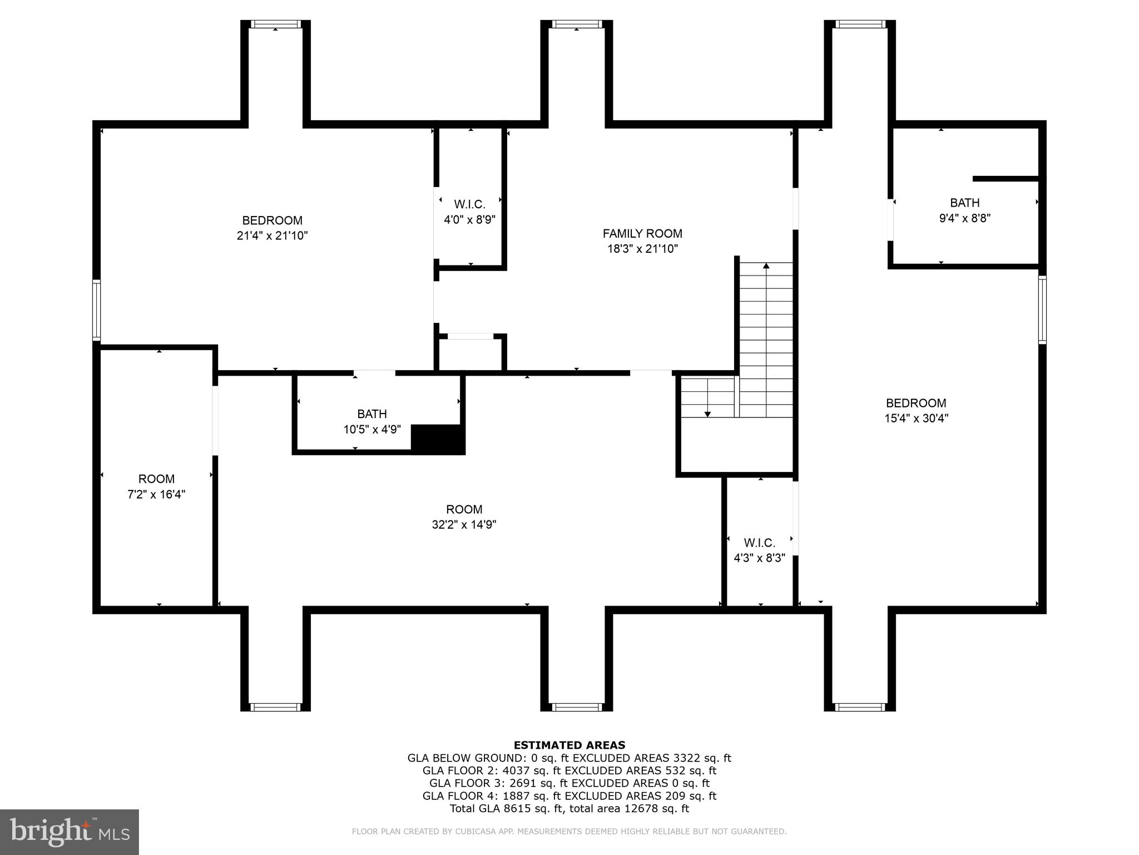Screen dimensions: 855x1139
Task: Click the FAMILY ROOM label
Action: tap(642, 234)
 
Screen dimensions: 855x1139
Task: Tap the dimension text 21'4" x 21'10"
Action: tap(272, 235)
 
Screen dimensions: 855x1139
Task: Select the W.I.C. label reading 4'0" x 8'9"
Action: tap(469, 204)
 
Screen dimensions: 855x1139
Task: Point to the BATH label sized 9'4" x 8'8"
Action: tap(964, 203)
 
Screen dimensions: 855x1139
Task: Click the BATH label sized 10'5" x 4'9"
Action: tap(372, 414)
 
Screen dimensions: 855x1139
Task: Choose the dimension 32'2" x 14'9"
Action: tap(464, 524)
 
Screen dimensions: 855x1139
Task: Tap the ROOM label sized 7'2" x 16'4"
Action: tap(156, 479)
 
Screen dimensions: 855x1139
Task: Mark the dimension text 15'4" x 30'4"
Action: tap(916, 418)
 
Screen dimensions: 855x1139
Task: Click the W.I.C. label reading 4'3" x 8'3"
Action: tap(759, 543)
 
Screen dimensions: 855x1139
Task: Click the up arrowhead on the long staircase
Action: tap(766, 266)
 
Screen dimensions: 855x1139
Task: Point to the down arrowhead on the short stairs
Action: tap(707, 414)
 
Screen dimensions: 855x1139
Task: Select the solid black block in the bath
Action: tap(437, 439)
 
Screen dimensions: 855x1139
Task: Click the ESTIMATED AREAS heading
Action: tap(569, 745)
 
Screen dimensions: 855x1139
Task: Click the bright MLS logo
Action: tap(69, 832)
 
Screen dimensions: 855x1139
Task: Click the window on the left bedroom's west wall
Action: tap(96, 310)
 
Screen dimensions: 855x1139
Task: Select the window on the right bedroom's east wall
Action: tap(1042, 309)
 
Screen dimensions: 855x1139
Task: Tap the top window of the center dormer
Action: tap(577, 24)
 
